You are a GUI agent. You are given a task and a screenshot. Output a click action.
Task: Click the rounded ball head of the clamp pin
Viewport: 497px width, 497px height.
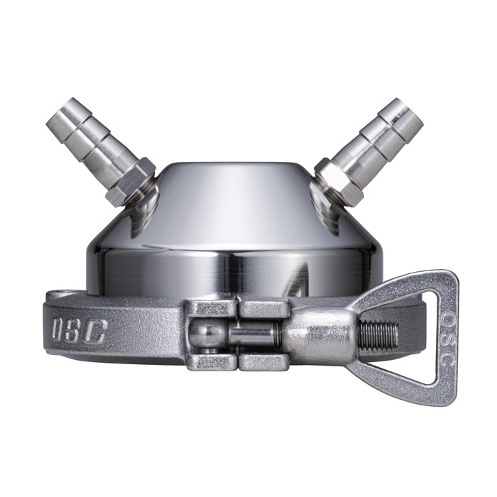click(205, 334)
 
